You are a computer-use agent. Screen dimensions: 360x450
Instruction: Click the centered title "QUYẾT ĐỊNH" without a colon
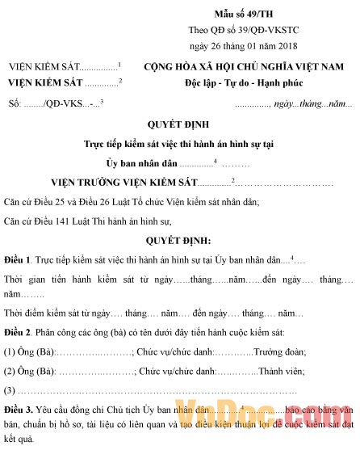click(x=179, y=125)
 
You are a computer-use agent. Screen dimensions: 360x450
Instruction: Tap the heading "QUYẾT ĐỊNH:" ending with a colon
click(x=179, y=240)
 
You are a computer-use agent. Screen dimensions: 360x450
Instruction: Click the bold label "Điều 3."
click(x=19, y=411)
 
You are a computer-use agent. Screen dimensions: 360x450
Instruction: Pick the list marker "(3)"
click(x=11, y=392)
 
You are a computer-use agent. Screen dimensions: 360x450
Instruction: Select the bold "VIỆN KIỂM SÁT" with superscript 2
click(x=45, y=82)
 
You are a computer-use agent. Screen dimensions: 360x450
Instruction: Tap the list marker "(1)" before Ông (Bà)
click(x=11, y=352)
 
